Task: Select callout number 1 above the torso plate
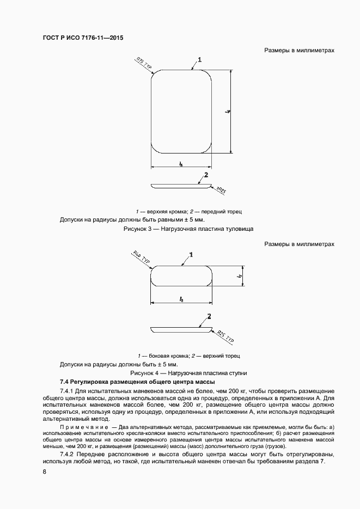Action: click(x=200, y=60)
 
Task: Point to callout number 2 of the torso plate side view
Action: click(x=206, y=175)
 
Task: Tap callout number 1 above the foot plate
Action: click(x=191, y=254)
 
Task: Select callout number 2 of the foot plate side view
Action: click(x=209, y=316)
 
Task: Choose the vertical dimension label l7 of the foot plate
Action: click(x=240, y=277)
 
